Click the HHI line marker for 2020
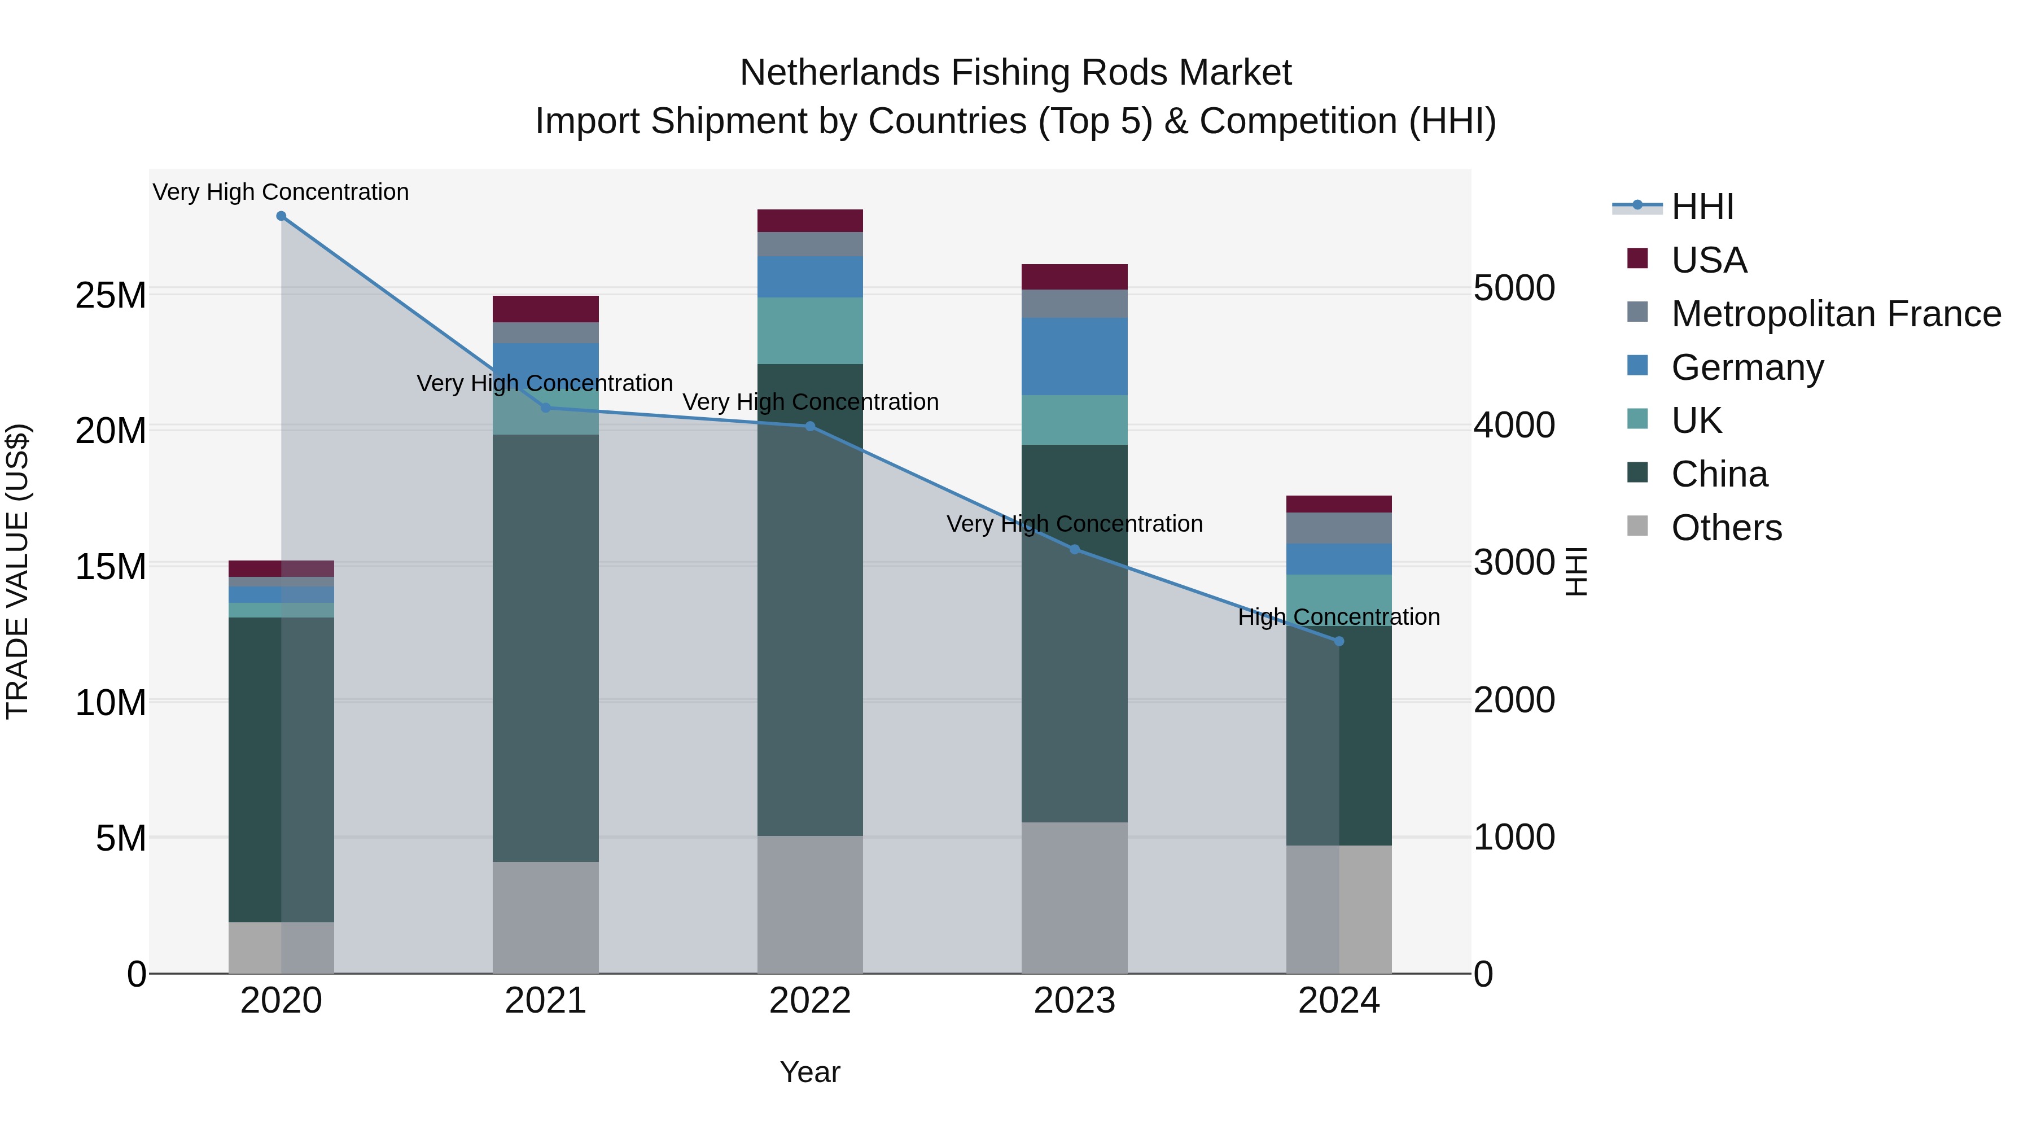click(x=281, y=216)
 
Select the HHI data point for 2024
click(x=1339, y=641)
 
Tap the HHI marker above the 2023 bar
click(x=1074, y=549)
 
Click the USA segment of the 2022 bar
click(x=810, y=221)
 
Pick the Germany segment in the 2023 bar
click(x=1074, y=357)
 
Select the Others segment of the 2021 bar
click(x=545, y=917)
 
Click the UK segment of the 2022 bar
click(x=810, y=331)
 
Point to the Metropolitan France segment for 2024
click(x=1339, y=528)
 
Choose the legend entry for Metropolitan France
click(x=1836, y=314)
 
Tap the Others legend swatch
click(x=1637, y=526)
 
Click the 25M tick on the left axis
click(x=111, y=296)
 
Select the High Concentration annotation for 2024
click(x=1339, y=617)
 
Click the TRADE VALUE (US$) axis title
click(x=18, y=571)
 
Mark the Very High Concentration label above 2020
click(x=281, y=192)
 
